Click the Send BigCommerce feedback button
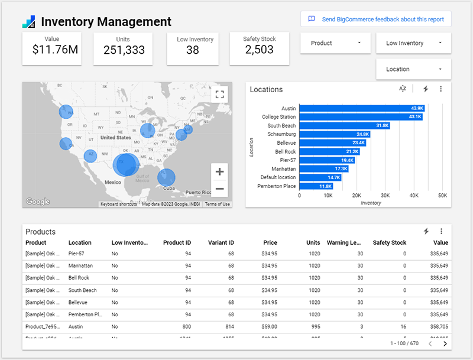376,19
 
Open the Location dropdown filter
413,69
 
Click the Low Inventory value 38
192,50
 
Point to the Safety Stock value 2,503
259,50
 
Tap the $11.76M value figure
56,50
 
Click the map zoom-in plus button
219,172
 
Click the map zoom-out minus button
219,189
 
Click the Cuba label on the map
169,188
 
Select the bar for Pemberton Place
316,186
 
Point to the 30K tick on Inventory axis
385,195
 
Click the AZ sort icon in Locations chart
403,89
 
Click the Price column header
270,242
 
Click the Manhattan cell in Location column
80,266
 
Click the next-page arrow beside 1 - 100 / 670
445,343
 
